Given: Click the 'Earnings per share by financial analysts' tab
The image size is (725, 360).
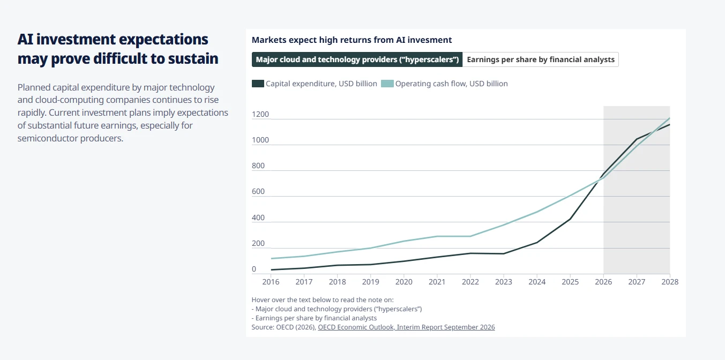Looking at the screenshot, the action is click(541, 59).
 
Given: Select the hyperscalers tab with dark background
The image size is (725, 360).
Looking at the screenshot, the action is click(357, 59).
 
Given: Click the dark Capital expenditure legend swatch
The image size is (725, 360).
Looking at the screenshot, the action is click(258, 84).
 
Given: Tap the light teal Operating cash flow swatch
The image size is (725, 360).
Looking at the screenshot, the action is click(387, 84).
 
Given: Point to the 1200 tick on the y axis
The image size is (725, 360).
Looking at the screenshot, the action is click(260, 114).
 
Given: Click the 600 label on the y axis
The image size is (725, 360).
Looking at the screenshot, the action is click(258, 191).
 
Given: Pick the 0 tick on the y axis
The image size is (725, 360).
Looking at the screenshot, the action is click(254, 269).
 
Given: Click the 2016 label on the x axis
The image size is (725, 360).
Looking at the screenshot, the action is click(271, 282).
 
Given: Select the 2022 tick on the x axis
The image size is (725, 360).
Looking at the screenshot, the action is click(470, 282).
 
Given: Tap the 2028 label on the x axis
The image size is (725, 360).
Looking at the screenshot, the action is click(670, 282).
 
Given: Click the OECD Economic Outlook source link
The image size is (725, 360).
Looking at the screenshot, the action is click(406, 327).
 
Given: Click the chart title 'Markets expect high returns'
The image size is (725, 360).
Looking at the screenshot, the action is click(352, 40).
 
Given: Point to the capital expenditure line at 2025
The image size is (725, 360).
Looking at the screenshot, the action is click(570, 219).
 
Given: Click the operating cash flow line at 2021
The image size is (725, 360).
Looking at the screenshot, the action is click(437, 236).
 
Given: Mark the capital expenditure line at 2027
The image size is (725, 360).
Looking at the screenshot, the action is click(637, 139).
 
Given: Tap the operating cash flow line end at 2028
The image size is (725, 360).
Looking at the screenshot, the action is click(670, 118).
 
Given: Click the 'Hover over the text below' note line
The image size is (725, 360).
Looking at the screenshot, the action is click(323, 300).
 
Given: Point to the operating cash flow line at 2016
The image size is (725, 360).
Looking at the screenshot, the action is click(271, 258).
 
